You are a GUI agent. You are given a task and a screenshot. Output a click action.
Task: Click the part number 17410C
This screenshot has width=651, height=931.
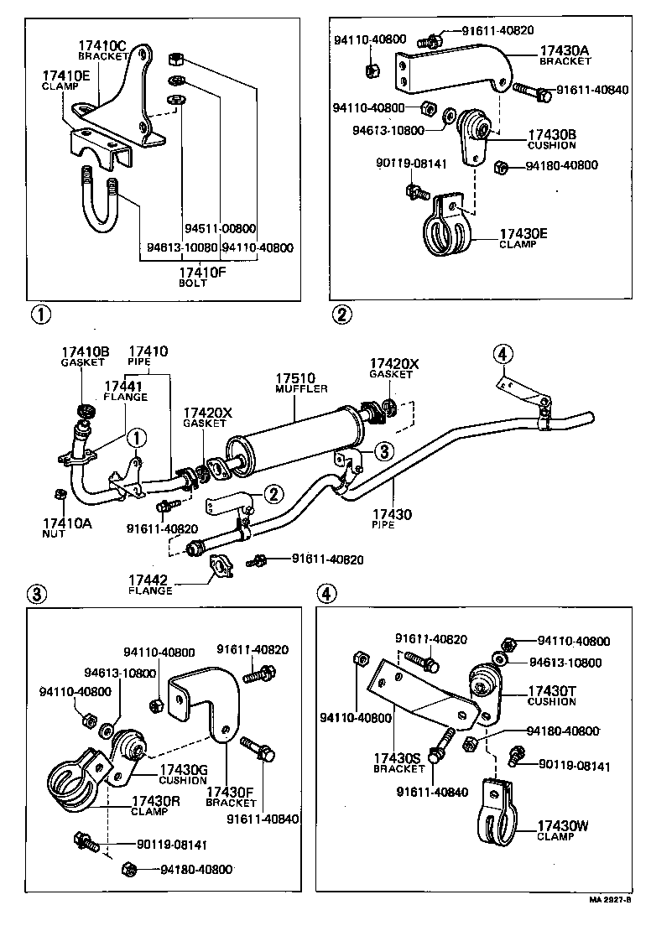pyautogui.click(x=102, y=45)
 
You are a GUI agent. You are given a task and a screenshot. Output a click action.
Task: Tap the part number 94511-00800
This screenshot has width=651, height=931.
pyautogui.click(x=219, y=227)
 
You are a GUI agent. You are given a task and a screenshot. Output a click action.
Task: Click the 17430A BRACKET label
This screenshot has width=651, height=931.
pyautogui.click(x=565, y=55)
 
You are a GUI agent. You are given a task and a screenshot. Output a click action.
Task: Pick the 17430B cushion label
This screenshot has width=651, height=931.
pyautogui.click(x=552, y=138)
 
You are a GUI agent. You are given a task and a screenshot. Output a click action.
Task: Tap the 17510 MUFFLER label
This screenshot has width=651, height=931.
pyautogui.click(x=301, y=384)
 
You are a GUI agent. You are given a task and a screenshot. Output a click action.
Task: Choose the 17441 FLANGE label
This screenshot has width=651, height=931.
pyautogui.click(x=126, y=390)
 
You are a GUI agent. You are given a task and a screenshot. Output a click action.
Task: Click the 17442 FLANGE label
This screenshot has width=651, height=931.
pyautogui.click(x=150, y=584)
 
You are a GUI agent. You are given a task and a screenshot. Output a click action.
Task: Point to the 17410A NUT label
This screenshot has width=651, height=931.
pyautogui.click(x=66, y=528)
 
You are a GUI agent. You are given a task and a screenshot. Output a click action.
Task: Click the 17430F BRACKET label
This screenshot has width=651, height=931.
pyautogui.click(x=230, y=797)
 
